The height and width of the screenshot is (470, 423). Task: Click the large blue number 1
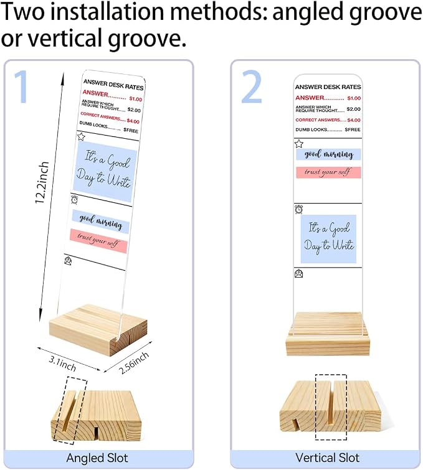point(21,87)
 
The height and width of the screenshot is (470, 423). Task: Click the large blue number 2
point(252,87)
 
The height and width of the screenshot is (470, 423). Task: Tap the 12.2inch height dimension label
point(42,182)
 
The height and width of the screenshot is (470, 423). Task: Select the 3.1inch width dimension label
point(62,364)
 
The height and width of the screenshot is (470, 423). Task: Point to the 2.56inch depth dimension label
point(133,363)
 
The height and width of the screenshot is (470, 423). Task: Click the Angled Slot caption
point(97,458)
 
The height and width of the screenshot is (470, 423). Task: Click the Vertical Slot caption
point(327,458)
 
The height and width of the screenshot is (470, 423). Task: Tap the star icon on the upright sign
point(299,144)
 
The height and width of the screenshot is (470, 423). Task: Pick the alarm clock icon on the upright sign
point(298,209)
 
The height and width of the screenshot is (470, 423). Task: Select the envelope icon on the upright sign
point(299,274)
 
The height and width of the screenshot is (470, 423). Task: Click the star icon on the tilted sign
point(81,137)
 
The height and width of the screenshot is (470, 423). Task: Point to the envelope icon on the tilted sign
point(68,261)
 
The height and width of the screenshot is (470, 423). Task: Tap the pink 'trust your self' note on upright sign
point(328,172)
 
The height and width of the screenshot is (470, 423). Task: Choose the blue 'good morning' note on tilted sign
point(101,222)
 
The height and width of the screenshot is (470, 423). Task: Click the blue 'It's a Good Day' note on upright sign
point(328,239)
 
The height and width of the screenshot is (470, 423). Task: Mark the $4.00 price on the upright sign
point(354,120)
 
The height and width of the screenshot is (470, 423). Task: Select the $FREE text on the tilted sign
point(131,130)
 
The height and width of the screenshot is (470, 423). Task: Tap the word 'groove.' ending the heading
point(146,39)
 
